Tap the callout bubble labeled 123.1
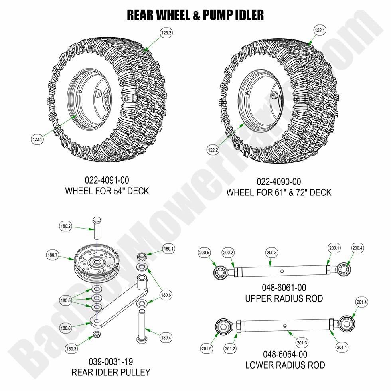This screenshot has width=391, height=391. click(37, 139)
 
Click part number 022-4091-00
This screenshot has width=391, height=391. click(107, 181)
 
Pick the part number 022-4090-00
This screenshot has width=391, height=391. click(279, 182)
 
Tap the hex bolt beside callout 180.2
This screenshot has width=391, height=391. click(97, 229)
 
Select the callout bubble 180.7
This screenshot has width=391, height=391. click(53, 254)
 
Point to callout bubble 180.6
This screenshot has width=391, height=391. click(166, 295)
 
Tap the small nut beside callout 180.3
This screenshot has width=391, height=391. click(96, 334)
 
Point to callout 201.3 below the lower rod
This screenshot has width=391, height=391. click(302, 342)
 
